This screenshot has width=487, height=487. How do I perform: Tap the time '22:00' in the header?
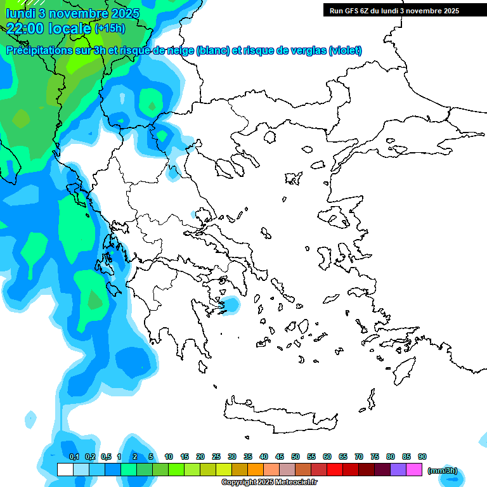[25, 28]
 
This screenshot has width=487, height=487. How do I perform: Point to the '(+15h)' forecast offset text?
[110, 29]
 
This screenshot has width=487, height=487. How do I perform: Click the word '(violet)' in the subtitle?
[345, 51]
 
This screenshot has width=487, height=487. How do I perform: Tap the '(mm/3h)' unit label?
[442, 471]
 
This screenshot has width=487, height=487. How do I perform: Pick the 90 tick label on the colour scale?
[422, 457]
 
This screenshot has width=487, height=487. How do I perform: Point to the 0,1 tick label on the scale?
[74, 457]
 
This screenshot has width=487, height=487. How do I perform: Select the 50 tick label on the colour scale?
[295, 457]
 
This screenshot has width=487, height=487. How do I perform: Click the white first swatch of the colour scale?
[65, 470]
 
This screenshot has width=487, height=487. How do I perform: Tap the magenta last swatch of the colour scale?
[414, 470]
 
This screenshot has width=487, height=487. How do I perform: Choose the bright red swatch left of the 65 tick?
[335, 470]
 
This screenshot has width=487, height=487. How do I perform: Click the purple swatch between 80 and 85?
[398, 470]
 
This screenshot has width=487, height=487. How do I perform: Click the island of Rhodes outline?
[404, 368]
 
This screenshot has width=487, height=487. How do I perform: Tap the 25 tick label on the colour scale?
[216, 457]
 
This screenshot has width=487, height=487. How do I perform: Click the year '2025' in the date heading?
[124, 13]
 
